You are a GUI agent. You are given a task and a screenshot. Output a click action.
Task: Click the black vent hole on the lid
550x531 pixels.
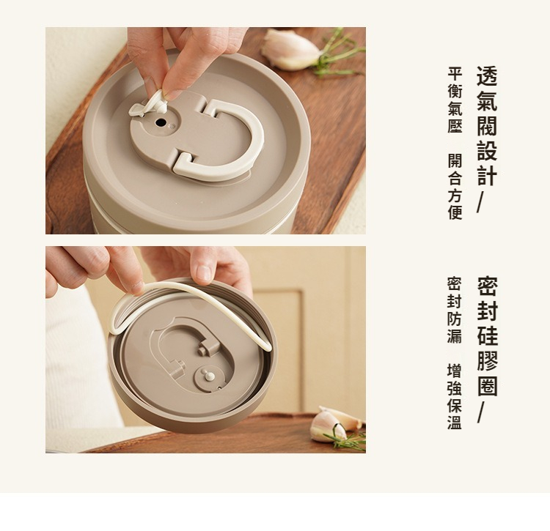(161, 122)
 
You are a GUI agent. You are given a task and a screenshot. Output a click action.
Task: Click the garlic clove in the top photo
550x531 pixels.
(290, 50)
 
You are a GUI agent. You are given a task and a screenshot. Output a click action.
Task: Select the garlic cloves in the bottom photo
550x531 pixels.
(335, 425)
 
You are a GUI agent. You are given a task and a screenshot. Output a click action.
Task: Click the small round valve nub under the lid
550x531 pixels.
(210, 376)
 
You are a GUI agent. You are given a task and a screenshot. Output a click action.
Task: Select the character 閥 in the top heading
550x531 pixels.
(487, 125)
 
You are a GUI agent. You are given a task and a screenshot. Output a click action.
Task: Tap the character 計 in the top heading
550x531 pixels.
(487, 175)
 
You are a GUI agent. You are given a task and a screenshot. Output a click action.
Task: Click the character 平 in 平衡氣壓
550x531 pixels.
(455, 74)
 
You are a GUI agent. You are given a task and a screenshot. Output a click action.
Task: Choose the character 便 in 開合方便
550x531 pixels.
(455, 212)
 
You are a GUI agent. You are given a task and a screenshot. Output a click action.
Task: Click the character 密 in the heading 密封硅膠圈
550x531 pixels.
(487, 286)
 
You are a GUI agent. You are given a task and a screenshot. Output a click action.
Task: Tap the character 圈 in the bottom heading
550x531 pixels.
(487, 386)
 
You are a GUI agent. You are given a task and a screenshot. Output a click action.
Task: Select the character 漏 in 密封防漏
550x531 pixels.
(455, 335)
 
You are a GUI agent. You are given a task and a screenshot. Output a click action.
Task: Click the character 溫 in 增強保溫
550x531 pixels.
(455, 423)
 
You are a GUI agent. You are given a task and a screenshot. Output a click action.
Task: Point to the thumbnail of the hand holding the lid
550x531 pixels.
(205, 349)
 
